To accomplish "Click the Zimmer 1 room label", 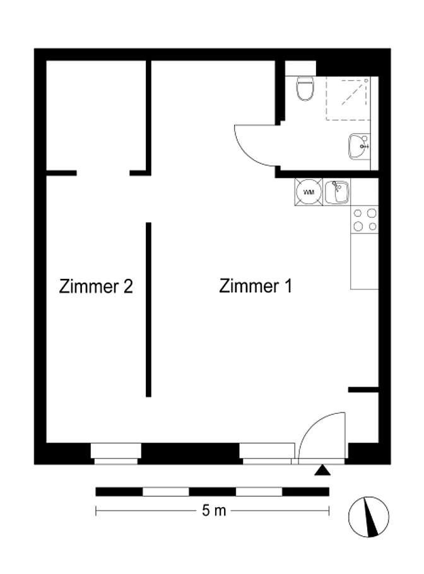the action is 256,286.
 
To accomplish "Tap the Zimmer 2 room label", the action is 96,286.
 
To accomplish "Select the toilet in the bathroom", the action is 305,88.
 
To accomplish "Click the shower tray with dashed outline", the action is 348,99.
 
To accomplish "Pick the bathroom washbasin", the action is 359,146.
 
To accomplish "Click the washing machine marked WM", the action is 309,192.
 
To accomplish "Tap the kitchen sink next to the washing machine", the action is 337,192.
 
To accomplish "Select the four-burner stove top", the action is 365,220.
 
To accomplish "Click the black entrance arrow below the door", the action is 322,470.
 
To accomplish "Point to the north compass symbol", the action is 368,517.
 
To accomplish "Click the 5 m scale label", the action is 214,510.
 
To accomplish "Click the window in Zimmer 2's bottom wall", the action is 115,454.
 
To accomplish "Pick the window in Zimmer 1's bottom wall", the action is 267,454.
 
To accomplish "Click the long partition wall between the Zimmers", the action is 148,310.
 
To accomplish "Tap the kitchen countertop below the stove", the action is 364,261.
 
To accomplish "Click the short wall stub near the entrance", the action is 363,390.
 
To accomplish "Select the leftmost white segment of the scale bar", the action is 165,491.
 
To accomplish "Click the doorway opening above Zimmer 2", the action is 103,173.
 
